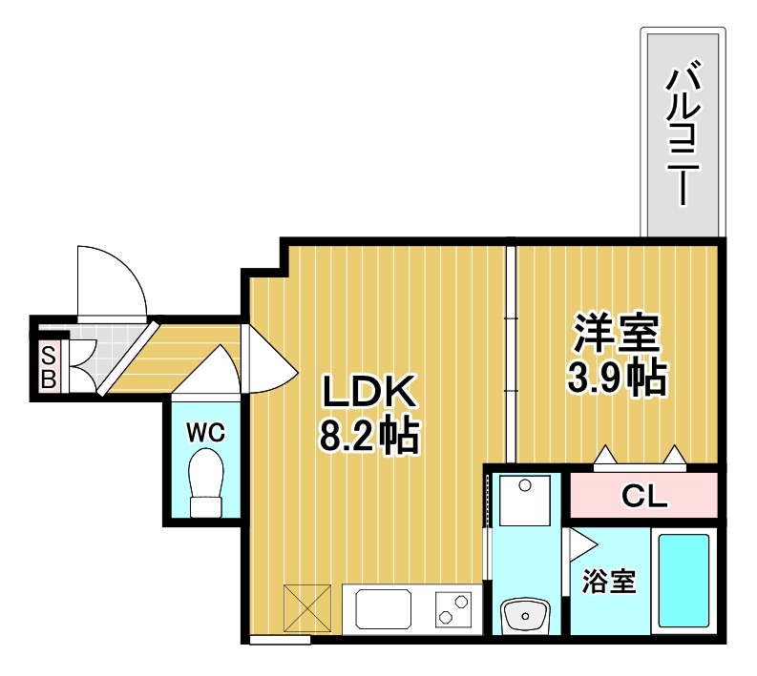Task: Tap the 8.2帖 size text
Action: tap(368, 436)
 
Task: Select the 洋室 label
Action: tap(616, 336)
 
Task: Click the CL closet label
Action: tap(644, 496)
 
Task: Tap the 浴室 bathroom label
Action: tap(608, 582)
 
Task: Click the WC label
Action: tap(204, 432)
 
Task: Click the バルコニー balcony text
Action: tap(681, 133)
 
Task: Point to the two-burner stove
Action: tap(453, 607)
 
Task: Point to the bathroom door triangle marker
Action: tap(580, 546)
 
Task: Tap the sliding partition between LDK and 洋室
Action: tap(511, 353)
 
